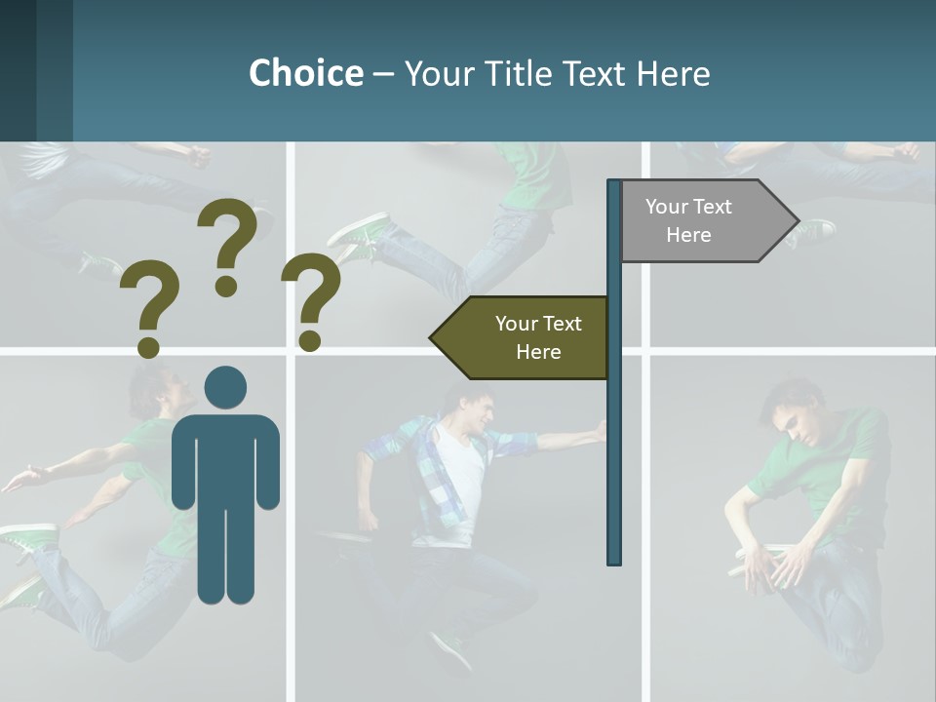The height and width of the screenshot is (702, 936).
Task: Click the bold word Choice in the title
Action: (x=305, y=73)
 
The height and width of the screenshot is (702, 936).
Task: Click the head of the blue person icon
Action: (x=225, y=387)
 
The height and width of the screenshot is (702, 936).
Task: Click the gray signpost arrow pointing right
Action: (x=702, y=220)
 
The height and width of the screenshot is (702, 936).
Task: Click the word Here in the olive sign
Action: (x=538, y=352)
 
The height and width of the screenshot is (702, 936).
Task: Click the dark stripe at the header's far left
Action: (x=18, y=70)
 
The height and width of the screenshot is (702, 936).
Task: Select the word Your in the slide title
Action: (x=438, y=73)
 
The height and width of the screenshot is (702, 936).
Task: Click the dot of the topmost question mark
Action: (x=226, y=286)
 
